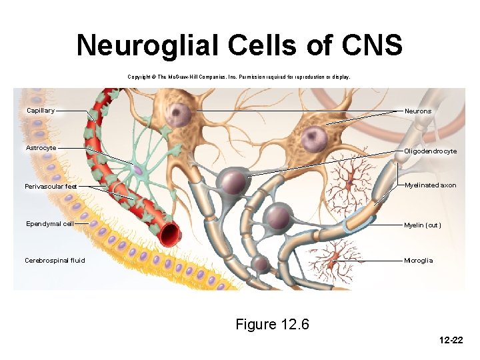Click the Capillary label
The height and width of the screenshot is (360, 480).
click(41, 110)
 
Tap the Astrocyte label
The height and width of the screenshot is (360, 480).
click(41, 147)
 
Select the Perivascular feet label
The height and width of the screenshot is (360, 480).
click(51, 186)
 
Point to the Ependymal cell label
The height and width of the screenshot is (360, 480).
click(49, 224)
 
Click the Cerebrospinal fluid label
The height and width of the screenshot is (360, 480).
click(55, 260)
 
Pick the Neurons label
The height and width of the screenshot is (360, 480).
click(418, 111)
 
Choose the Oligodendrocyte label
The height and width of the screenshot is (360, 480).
click(430, 151)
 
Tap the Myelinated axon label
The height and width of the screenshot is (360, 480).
click(430, 185)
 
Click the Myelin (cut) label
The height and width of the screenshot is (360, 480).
click(422, 225)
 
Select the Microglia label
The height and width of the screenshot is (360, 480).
click(418, 261)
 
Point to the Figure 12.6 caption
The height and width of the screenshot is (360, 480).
click(273, 325)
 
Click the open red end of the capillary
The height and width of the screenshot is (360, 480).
click(169, 233)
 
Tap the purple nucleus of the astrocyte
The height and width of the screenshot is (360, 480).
click(137, 171)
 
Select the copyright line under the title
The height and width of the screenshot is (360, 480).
click(238, 77)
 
